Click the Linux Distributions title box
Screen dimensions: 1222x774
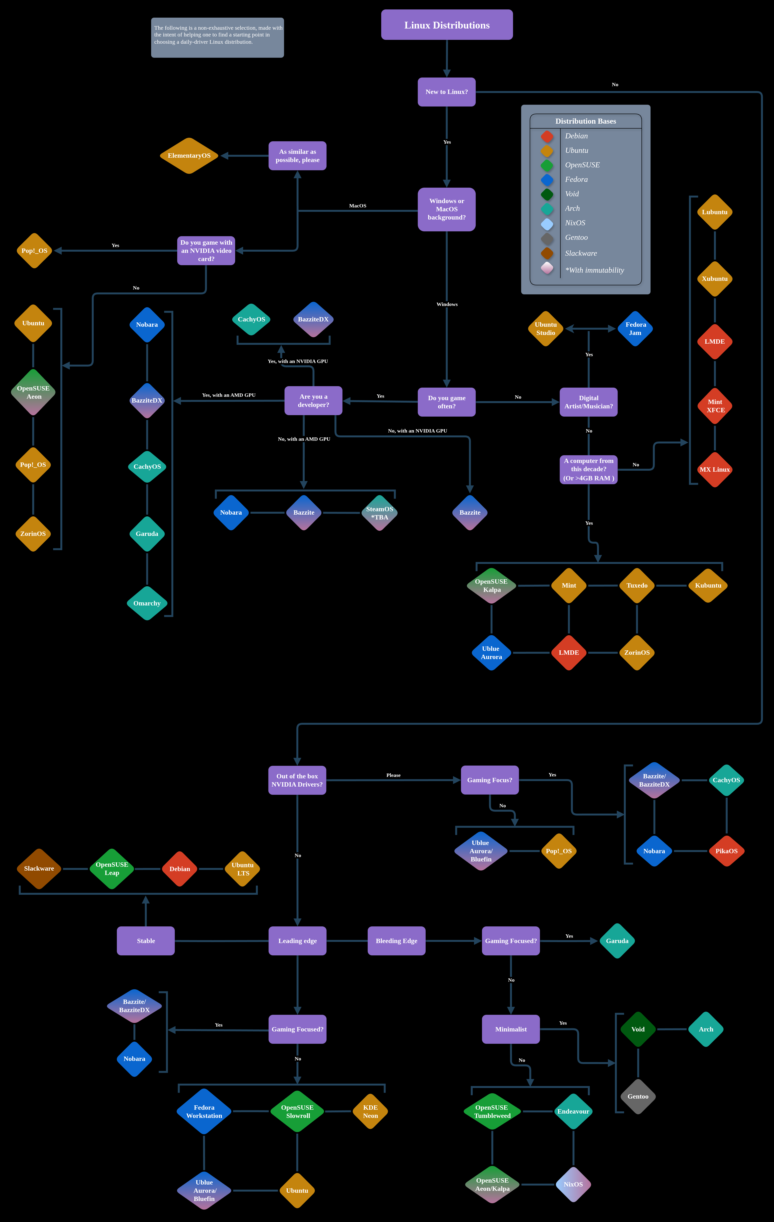tap(447, 25)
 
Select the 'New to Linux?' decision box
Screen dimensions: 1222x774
tap(446, 92)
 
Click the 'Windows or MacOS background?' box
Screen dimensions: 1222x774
tap(446, 209)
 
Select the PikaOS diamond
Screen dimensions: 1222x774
tap(726, 851)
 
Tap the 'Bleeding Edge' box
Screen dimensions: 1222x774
tap(396, 941)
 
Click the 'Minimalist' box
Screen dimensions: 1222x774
tap(511, 1029)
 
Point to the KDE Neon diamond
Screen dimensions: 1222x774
tap(370, 1111)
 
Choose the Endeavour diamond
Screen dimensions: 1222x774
tap(573, 1111)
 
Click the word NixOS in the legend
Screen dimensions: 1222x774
tap(575, 223)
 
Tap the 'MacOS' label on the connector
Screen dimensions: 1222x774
tap(358, 206)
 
